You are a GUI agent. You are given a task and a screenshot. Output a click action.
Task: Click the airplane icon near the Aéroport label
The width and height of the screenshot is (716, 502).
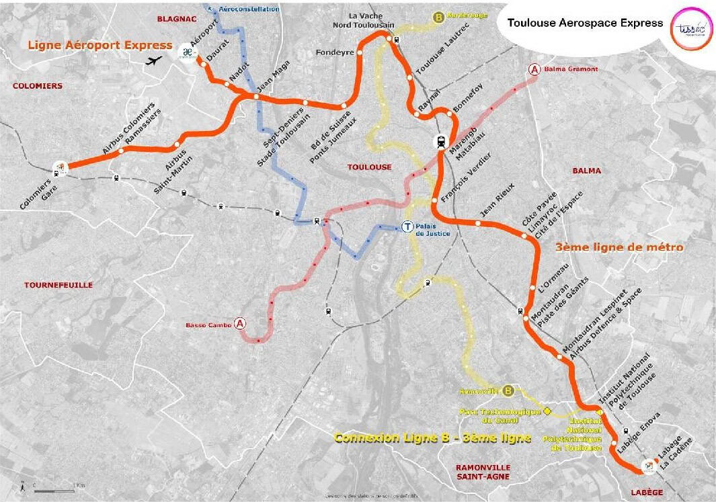click(x=154, y=61)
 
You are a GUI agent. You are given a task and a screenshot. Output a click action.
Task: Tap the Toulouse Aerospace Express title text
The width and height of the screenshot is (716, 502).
click(x=585, y=23)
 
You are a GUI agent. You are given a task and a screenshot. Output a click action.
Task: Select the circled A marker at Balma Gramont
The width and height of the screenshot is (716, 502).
click(x=535, y=69)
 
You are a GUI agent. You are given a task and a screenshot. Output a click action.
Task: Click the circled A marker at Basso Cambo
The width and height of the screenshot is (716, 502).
click(x=241, y=324)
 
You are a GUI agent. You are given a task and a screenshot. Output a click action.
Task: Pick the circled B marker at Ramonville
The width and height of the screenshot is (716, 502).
click(x=508, y=390)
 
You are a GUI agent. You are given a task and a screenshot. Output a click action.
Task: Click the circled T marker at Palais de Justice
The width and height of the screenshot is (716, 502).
click(x=407, y=226)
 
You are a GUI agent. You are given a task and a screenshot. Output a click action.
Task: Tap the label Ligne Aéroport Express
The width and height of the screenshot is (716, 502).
click(x=100, y=45)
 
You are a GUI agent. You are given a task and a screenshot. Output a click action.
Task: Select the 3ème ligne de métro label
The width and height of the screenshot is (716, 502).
click(x=619, y=247)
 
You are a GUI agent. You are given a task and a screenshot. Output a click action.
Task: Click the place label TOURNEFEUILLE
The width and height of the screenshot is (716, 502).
click(x=58, y=285)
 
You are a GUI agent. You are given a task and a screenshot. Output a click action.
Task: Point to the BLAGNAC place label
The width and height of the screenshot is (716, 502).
click(x=175, y=19)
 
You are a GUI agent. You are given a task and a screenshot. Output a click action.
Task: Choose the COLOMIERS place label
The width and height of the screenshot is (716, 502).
click(x=38, y=86)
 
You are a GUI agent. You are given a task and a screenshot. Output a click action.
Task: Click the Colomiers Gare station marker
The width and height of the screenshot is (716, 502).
click(x=61, y=168)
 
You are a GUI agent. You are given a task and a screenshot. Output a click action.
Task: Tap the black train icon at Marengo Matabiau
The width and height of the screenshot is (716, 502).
click(x=441, y=142)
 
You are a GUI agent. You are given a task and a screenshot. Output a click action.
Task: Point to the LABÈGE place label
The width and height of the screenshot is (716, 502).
click(x=647, y=493)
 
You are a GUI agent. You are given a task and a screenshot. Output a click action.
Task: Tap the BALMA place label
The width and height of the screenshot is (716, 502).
click(x=586, y=171)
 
